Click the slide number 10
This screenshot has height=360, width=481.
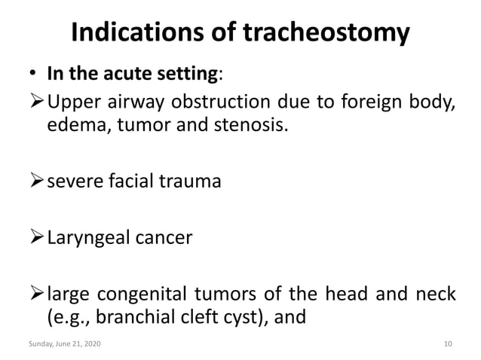[x=449, y=344]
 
